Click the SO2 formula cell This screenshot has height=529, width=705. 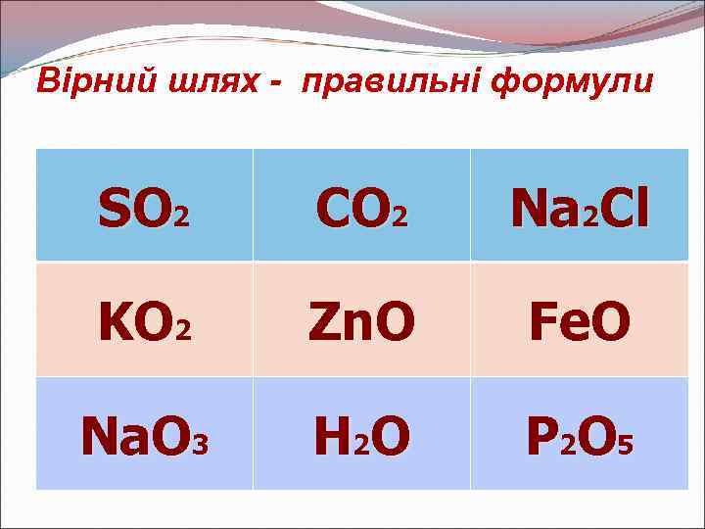point(144,205)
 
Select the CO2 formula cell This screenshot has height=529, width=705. point(360,205)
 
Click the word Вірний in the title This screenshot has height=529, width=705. point(82,82)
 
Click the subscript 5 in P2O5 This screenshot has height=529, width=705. point(625,447)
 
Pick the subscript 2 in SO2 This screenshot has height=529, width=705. point(180,216)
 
